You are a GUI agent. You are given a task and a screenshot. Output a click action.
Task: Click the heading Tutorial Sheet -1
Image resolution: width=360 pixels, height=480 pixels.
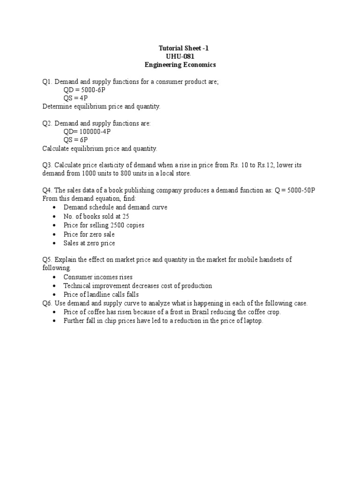click(180, 48)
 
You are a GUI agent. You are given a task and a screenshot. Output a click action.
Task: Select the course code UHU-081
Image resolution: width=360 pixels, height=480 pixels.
click(180, 56)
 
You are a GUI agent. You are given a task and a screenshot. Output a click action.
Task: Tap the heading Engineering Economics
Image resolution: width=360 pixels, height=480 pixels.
click(180, 65)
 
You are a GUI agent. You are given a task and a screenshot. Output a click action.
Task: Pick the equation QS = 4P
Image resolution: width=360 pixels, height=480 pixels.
click(75, 98)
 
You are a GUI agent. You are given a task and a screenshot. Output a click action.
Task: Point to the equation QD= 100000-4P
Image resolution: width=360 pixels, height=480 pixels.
click(87, 132)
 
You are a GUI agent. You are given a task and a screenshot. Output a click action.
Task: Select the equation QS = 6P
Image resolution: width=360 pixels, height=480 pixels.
click(75, 140)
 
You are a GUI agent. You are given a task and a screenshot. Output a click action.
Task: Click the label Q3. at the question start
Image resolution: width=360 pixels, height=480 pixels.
click(47, 165)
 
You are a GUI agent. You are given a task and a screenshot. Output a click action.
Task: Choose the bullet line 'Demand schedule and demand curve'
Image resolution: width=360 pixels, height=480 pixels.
click(115, 207)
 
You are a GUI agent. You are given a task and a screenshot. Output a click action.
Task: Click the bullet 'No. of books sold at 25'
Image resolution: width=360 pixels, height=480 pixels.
click(96, 216)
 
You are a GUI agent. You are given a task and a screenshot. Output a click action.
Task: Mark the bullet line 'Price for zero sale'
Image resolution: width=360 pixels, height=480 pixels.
click(89, 234)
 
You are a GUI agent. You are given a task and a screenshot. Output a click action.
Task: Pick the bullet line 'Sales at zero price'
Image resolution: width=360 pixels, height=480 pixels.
click(89, 243)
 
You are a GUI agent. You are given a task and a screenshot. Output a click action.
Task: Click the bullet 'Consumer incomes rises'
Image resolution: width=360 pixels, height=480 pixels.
click(98, 277)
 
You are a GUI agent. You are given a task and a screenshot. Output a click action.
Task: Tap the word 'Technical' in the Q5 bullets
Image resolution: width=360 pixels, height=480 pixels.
click(77, 285)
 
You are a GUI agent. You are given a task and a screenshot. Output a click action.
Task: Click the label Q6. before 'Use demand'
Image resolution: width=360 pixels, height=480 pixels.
click(47, 303)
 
